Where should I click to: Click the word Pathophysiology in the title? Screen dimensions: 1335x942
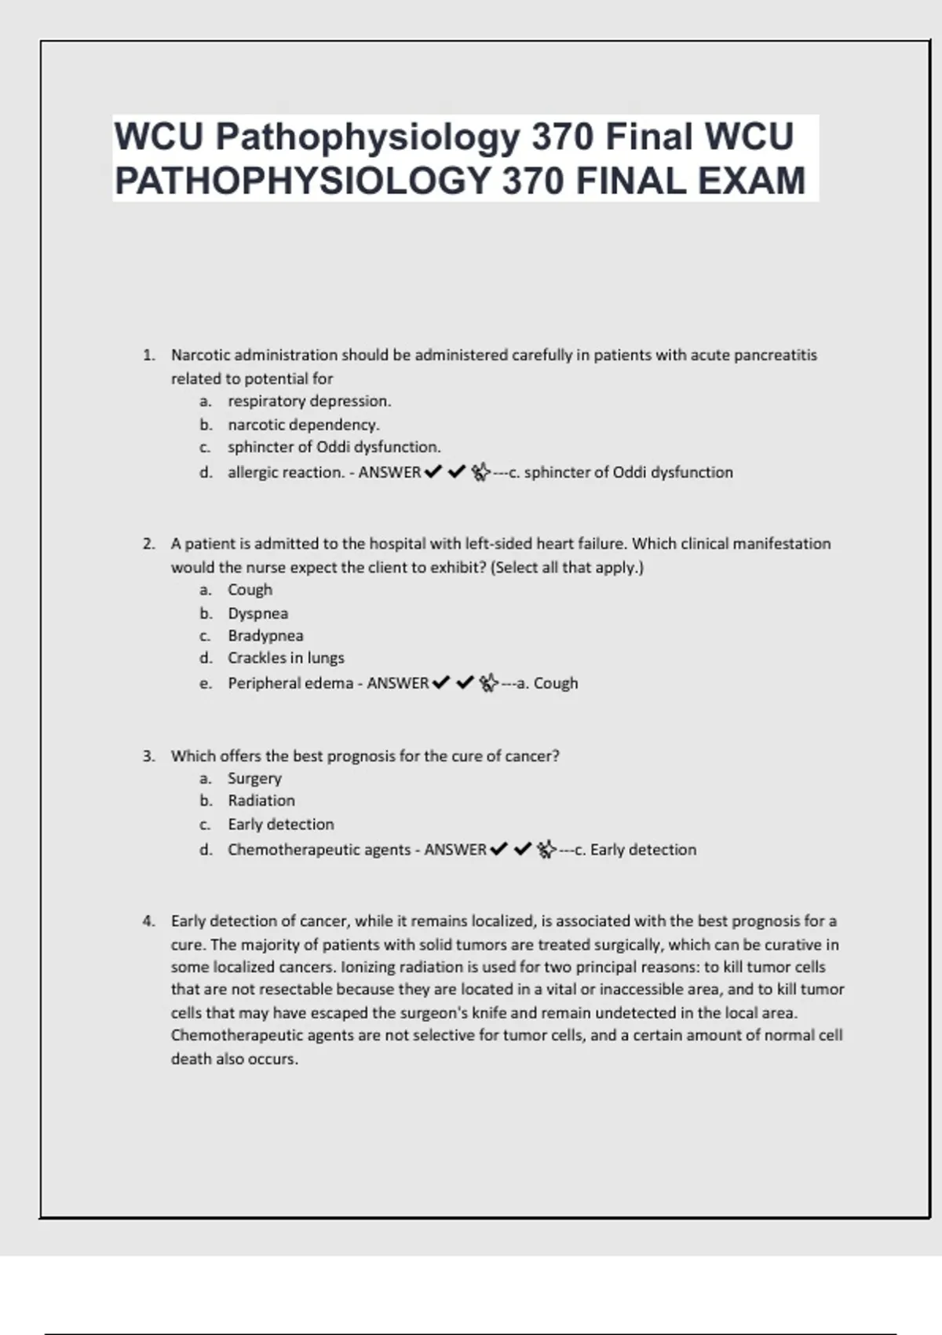tap(367, 137)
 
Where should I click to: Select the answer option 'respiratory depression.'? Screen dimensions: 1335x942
tap(309, 401)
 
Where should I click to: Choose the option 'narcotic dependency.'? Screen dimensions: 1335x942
tap(303, 425)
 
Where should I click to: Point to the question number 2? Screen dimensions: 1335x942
tap(148, 543)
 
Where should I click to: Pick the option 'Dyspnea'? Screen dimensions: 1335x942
tap(257, 613)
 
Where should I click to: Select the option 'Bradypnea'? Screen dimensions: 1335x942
tap(265, 636)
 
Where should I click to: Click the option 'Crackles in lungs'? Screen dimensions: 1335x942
tap(286, 658)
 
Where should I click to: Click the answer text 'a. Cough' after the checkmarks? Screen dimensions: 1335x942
tap(547, 683)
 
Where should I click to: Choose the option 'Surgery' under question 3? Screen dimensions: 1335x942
tap(254, 778)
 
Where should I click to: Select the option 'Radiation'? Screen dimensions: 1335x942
tap(261, 801)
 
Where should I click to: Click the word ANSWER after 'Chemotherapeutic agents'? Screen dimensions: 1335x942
tap(455, 850)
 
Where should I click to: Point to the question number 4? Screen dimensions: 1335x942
tap(148, 921)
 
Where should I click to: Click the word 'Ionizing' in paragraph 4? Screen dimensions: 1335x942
tap(367, 967)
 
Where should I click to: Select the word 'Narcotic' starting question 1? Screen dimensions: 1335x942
tap(200, 355)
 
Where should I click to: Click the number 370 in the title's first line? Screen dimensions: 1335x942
tap(562, 137)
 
